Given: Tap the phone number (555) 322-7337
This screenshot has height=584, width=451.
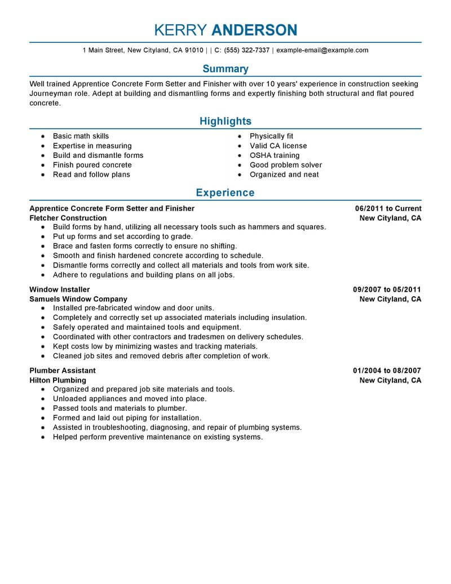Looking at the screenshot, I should click(x=246, y=50).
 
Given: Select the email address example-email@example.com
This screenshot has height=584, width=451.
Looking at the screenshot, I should click(x=322, y=50).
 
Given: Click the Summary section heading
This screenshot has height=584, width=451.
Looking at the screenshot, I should click(x=225, y=69).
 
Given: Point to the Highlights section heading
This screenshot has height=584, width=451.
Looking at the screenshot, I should click(x=225, y=121).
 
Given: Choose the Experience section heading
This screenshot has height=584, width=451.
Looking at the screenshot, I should click(x=225, y=193).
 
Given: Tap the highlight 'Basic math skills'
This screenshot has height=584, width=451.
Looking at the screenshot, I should click(x=81, y=136).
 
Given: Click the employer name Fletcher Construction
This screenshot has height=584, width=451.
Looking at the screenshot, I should click(x=68, y=218).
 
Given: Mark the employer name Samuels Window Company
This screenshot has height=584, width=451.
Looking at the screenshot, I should click(x=78, y=299).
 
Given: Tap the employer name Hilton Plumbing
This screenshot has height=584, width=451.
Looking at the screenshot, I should click(x=58, y=380).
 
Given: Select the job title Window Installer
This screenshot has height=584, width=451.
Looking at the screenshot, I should click(x=59, y=289).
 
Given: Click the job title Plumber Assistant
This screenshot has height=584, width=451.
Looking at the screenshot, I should click(x=62, y=371).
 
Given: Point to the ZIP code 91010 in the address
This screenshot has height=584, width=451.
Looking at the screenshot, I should click(x=194, y=50).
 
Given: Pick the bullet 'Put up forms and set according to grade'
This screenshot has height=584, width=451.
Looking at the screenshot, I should click(x=122, y=236).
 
